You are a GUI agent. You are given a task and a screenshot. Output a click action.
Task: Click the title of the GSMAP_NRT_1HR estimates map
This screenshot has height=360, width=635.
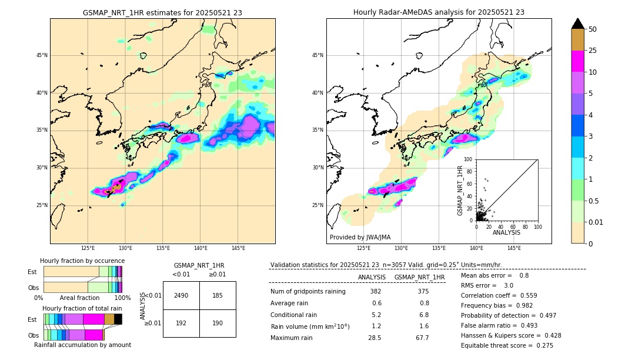point(162,12)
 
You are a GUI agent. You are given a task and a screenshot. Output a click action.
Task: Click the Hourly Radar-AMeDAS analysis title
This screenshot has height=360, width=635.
point(439,12)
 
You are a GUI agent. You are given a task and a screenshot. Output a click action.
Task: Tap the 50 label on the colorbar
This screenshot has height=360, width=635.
point(593,29)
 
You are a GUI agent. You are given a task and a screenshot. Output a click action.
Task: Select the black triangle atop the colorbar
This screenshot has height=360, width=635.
point(578,24)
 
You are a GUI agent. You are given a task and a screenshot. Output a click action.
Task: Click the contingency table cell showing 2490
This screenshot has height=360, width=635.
point(181,295)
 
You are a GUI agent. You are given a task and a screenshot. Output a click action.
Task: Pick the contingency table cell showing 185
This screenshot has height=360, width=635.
point(218,295)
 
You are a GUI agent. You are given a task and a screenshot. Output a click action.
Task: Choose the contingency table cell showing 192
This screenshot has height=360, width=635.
point(181,323)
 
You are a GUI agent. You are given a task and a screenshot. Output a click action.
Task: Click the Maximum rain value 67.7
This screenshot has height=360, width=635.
point(422,338)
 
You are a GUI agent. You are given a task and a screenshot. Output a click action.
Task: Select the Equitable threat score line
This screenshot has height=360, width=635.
point(507,345)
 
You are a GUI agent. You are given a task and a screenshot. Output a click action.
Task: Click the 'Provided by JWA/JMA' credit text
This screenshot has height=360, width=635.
point(360,237)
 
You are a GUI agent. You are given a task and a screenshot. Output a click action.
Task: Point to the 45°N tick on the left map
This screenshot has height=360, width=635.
point(42,55)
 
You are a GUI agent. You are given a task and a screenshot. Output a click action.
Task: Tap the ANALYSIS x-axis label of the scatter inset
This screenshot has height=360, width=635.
point(506,232)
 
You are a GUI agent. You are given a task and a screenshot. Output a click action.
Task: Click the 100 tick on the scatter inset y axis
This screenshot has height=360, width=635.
point(469,159)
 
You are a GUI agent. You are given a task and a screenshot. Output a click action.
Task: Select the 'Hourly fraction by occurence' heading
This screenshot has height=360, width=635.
point(82,261)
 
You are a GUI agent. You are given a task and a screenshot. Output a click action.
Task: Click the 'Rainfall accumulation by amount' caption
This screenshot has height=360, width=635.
point(82,345)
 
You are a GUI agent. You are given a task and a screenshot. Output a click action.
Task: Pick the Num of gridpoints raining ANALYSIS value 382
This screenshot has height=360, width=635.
point(376,292)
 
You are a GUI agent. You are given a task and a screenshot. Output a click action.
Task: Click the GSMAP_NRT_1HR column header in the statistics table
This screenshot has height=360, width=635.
point(419,277)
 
